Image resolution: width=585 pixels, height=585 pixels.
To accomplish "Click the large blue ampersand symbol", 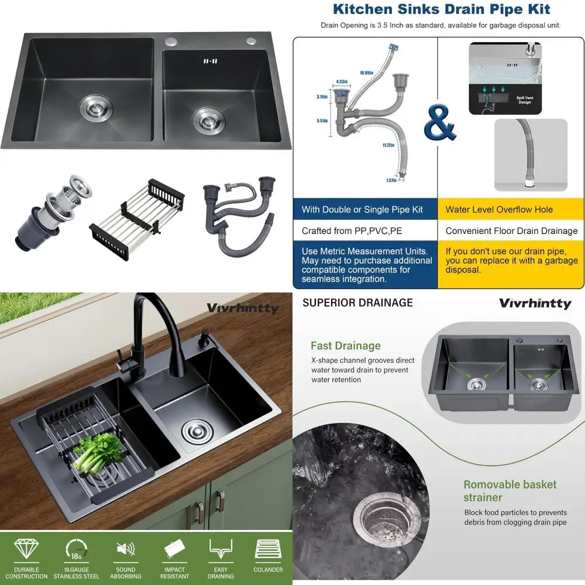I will click(x=439, y=123).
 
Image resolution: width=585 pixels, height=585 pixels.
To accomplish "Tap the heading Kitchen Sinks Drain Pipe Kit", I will click(x=441, y=9).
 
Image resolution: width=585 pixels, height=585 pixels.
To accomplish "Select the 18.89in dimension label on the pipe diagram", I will click(x=366, y=73).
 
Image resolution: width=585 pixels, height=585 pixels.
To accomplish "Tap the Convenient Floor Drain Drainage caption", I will click(x=511, y=230).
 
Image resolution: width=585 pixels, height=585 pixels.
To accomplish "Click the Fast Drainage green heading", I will click(x=345, y=346).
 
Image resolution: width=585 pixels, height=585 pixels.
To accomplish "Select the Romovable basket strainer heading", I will click(x=510, y=491).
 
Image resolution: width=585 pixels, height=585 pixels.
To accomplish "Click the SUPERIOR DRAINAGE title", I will click(x=357, y=302).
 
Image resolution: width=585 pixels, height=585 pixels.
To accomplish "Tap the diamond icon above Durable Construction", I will click(x=26, y=550).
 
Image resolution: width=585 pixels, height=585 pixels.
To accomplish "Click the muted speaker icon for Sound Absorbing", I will click(x=125, y=550).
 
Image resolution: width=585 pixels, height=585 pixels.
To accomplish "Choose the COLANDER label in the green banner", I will click(x=268, y=569).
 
